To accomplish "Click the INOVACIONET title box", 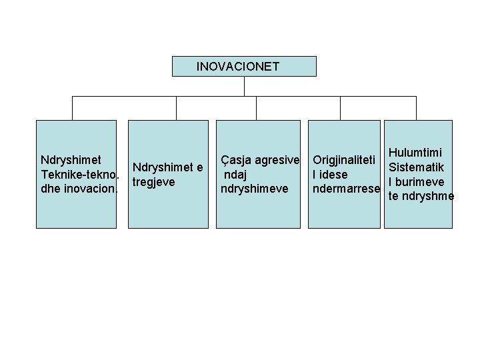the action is pyautogui.click(x=244, y=67).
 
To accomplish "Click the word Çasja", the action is pyautogui.click(x=233, y=161).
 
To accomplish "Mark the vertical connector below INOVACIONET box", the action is pyautogui.click(x=245, y=86).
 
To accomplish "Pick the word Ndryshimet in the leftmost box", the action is pyautogui.click(x=71, y=160).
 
